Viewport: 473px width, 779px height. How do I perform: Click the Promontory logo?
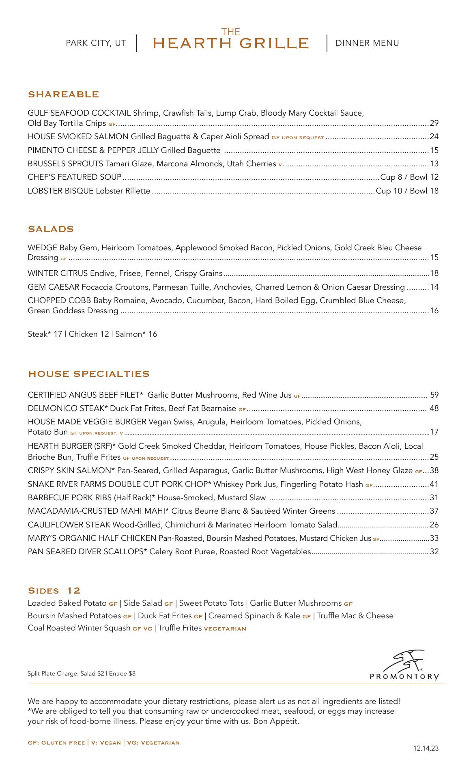404,665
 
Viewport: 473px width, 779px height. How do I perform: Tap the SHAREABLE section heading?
63,95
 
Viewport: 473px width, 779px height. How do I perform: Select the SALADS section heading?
51,229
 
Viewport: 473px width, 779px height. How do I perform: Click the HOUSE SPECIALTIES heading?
88,374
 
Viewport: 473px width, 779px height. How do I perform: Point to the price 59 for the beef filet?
434,395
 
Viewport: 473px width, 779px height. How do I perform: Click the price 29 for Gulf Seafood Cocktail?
434,123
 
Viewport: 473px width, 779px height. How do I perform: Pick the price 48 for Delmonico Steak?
434,408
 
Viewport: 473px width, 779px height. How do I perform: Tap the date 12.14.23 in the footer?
426,748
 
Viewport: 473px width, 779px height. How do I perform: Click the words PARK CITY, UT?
96,43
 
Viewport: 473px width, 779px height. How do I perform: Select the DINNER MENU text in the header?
367,43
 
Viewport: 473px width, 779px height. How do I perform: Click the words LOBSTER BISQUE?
61,191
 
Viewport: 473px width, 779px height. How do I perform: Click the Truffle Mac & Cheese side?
355,615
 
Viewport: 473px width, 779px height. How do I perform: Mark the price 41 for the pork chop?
434,484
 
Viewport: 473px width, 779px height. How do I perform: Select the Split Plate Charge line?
82,674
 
